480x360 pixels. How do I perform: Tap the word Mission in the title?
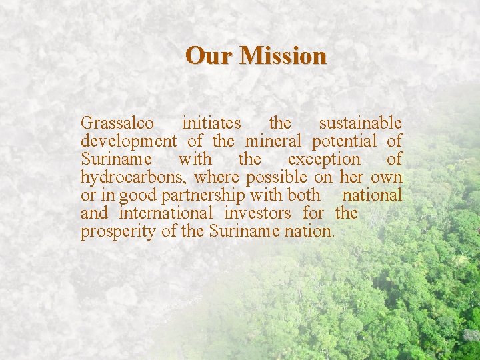pos(283,55)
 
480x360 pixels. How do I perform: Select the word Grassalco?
pos(117,123)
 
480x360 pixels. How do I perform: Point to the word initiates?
pos(211,123)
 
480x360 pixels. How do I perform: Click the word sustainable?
pos(360,123)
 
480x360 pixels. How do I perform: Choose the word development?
pos(129,141)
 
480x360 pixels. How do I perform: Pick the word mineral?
pos(273,141)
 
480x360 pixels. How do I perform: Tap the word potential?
pos(344,142)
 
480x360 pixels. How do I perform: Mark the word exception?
pos(323,160)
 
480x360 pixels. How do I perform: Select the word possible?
pos(276,178)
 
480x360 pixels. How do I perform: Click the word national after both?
pos(372,195)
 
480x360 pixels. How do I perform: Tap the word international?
pos(166,213)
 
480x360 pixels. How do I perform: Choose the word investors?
pos(257,213)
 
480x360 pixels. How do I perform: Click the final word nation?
pos(313,231)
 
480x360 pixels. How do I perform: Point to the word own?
pos(387,178)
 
